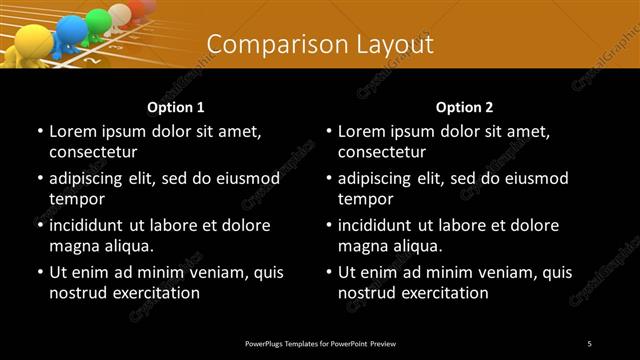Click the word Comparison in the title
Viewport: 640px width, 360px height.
click(x=266, y=44)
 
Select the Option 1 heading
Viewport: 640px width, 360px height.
click(x=176, y=107)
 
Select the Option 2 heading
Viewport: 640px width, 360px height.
click(x=465, y=107)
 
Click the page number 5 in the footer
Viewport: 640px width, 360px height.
click(x=590, y=343)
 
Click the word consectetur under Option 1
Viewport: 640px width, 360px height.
click(x=92, y=153)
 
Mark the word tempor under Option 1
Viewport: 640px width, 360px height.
click(x=73, y=199)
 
